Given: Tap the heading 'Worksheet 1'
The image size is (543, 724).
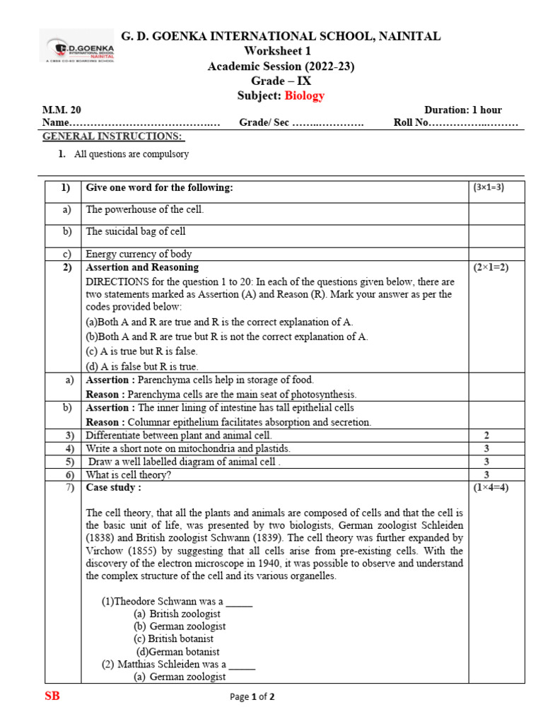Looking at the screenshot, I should [277, 51].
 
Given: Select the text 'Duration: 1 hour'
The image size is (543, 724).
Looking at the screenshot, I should [462, 110].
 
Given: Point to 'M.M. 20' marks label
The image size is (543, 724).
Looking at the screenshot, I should [62, 110].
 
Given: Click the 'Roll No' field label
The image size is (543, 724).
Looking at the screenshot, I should [411, 123].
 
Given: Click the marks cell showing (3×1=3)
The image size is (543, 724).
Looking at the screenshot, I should [489, 187].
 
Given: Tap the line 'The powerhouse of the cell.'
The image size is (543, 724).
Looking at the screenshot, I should [145, 210].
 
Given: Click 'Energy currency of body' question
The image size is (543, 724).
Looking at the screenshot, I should [139, 254].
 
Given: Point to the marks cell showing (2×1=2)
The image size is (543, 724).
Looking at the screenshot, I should [489, 268].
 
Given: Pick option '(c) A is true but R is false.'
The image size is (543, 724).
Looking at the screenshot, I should [141, 351].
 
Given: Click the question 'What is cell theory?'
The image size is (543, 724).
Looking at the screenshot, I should [129, 475].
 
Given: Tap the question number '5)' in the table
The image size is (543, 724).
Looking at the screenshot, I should [70, 462].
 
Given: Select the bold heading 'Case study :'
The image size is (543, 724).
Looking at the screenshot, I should [113, 488].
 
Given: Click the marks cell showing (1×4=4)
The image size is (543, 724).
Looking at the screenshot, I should [489, 488].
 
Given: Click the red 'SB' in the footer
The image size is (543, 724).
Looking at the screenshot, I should [52, 696].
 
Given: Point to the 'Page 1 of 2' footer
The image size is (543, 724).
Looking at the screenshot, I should [252, 697].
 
